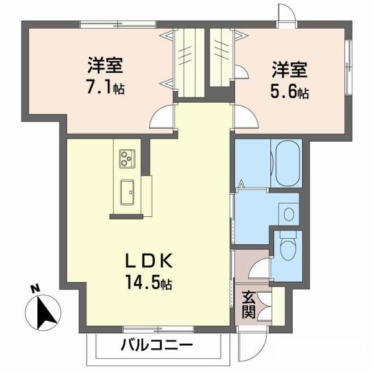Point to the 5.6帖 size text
[290, 93]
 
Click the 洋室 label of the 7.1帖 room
[104, 65]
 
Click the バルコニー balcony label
[157, 345]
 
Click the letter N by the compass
[36, 288]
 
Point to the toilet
[287, 249]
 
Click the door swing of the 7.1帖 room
[163, 116]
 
